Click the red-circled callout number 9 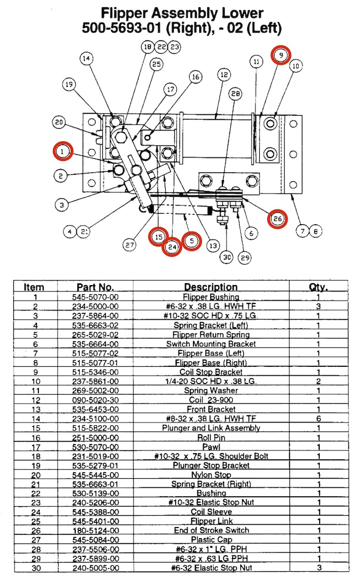[281, 56]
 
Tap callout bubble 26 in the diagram [277, 219]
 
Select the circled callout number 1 [62, 151]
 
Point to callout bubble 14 [86, 59]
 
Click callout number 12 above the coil [223, 75]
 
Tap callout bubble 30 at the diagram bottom [228, 257]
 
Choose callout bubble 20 [59, 123]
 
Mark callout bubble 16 [195, 77]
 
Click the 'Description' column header [211, 287]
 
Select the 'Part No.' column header [95, 287]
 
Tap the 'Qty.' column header [318, 287]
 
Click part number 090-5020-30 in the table [95, 400]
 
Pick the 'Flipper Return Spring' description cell [211, 335]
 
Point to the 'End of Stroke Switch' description [211, 530]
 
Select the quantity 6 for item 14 [318, 419]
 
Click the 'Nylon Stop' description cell [211, 474]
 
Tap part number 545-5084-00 [95, 540]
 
